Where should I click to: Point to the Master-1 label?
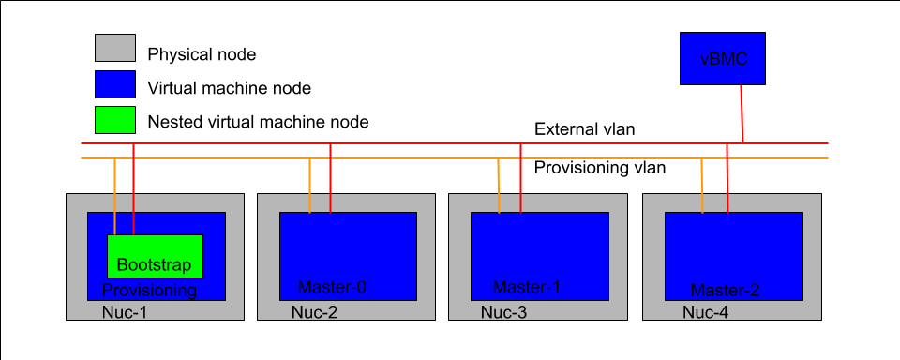coord(527,287)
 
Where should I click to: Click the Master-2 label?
coord(724,290)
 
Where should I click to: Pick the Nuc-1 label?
coord(125,312)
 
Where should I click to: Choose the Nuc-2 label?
coord(314,312)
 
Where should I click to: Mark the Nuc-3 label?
coord(504,312)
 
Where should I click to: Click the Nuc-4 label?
coord(706,312)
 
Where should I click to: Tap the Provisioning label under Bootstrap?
coord(150,291)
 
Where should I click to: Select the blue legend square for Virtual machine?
coord(115,85)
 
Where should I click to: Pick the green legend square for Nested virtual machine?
coord(115,120)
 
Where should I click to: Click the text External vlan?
coord(585,129)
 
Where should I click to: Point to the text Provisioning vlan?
coord(600,169)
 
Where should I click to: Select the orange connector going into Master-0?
coord(310,185)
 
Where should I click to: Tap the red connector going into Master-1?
coord(521,178)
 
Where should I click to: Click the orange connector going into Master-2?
coord(702,185)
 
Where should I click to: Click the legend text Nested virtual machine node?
coord(258,121)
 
